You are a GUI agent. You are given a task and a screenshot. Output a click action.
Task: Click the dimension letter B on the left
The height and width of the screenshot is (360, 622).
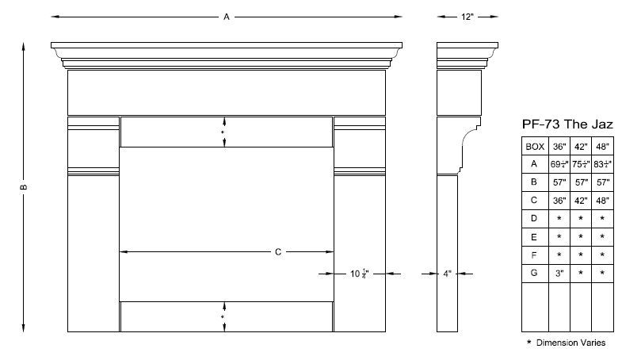click(x=25, y=187)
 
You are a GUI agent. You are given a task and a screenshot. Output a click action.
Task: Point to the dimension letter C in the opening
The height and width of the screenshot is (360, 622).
click(x=278, y=252)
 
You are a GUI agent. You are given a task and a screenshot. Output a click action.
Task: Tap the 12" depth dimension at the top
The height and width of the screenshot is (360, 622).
click(x=467, y=15)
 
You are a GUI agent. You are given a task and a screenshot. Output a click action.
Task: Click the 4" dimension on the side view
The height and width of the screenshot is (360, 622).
click(x=448, y=274)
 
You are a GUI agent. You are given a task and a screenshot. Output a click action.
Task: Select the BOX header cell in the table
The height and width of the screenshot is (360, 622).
click(x=535, y=146)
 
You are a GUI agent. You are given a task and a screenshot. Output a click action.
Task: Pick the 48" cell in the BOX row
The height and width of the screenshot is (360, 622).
click(x=603, y=146)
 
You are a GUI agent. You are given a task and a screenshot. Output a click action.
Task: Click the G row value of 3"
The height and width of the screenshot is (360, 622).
click(x=559, y=273)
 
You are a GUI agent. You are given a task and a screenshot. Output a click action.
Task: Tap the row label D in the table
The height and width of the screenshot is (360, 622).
click(x=535, y=218)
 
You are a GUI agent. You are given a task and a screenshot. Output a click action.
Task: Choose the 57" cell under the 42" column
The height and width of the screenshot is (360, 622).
click(x=581, y=182)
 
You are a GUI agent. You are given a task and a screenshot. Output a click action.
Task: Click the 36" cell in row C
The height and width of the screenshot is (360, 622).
click(x=559, y=200)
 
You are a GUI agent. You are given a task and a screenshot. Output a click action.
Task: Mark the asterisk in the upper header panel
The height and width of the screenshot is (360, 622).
click(x=222, y=132)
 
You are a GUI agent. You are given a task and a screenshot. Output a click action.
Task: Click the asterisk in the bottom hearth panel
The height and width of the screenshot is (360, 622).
click(x=222, y=317)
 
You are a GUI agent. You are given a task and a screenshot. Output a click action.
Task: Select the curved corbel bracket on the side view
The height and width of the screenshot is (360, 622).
click(x=471, y=144)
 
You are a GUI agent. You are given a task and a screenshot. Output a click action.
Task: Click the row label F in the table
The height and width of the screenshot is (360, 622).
click(x=535, y=255)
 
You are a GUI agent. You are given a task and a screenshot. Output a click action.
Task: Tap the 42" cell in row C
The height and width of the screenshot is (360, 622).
click(x=581, y=200)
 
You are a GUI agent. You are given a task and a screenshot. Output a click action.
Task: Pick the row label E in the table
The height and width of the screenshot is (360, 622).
click(x=535, y=236)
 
